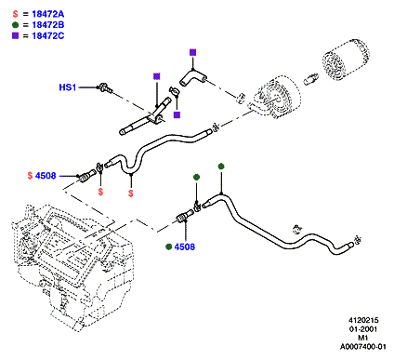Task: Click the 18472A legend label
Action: click(x=48, y=14)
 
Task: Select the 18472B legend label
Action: click(x=48, y=25)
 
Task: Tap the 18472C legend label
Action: click(x=48, y=35)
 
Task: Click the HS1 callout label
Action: click(x=68, y=87)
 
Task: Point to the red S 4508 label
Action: click(x=42, y=176)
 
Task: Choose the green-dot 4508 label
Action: click(x=180, y=247)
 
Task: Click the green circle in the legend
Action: click(x=16, y=25)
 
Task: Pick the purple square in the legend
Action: click(x=16, y=35)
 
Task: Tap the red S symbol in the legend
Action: click(x=16, y=14)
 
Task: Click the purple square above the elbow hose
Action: click(x=192, y=52)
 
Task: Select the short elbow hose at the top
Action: click(x=192, y=77)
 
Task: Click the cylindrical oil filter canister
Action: click(x=346, y=60)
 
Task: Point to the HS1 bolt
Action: click(x=104, y=87)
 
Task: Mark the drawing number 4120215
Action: click(x=363, y=320)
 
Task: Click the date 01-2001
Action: click(x=363, y=329)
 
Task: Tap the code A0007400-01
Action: click(x=363, y=346)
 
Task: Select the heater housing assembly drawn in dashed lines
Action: click(x=72, y=267)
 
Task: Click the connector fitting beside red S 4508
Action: click(x=86, y=176)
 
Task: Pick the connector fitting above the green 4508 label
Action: click(x=185, y=216)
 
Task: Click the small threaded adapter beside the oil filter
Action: click(x=311, y=79)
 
